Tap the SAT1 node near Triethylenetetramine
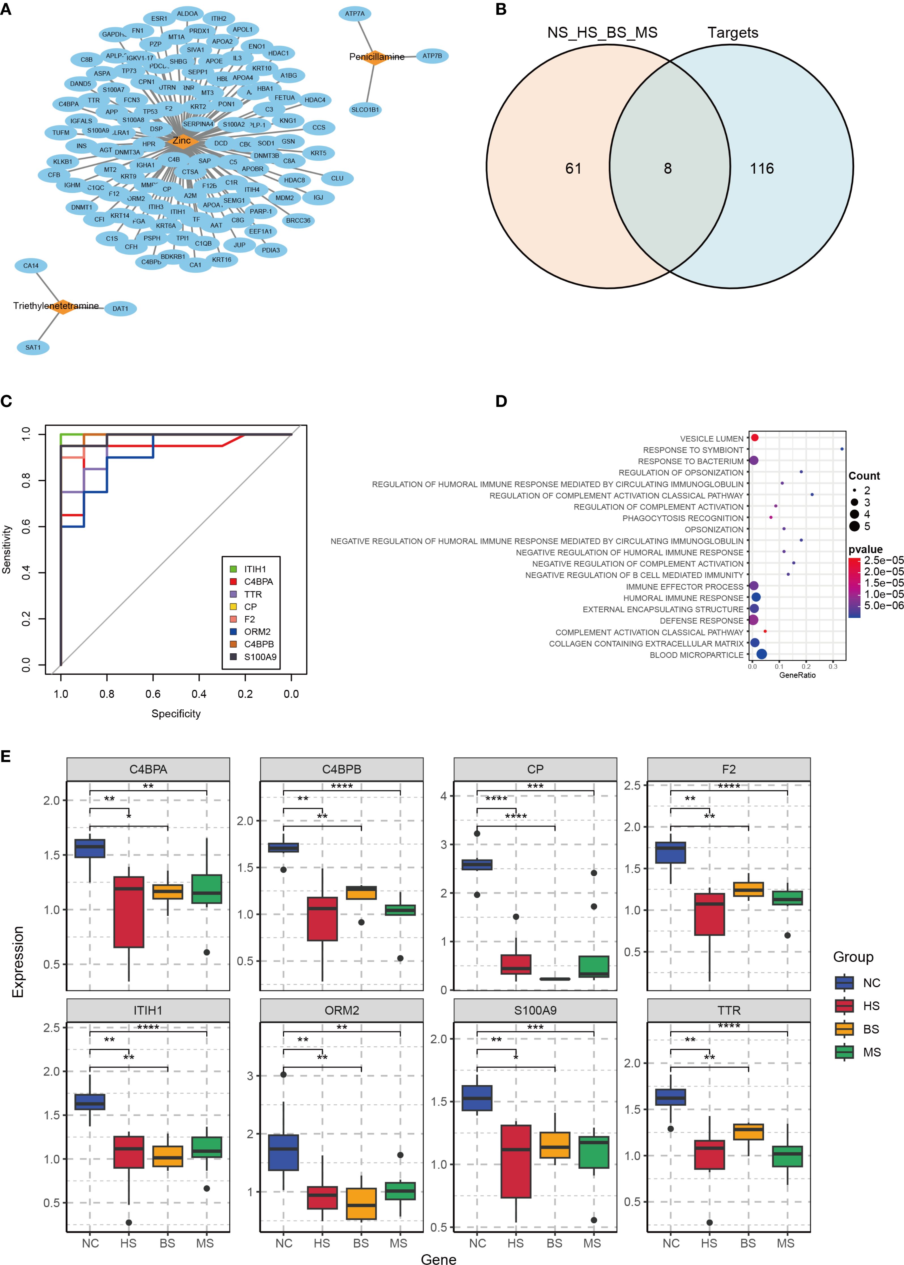tap(33, 347)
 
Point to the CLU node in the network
tap(337, 178)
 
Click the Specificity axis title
tap(176, 713)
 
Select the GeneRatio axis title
tap(797, 675)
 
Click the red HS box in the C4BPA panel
tap(129, 912)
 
